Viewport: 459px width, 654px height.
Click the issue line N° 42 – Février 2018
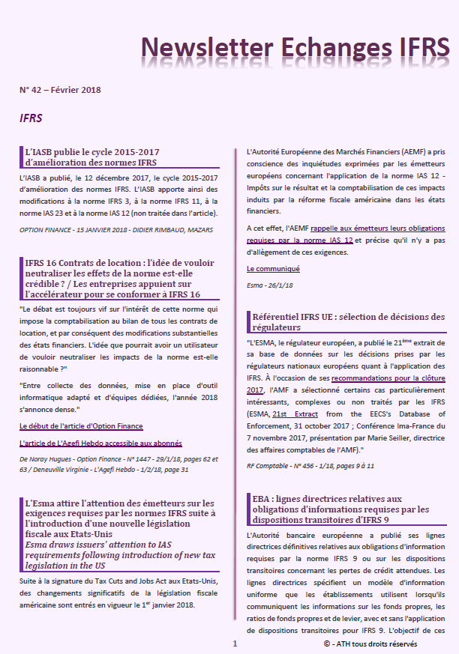click(60, 90)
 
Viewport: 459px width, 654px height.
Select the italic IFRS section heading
click(31, 118)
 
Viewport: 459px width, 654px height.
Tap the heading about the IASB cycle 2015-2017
click(91, 157)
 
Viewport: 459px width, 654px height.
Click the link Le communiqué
click(273, 268)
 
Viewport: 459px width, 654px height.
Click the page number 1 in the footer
click(235, 644)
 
